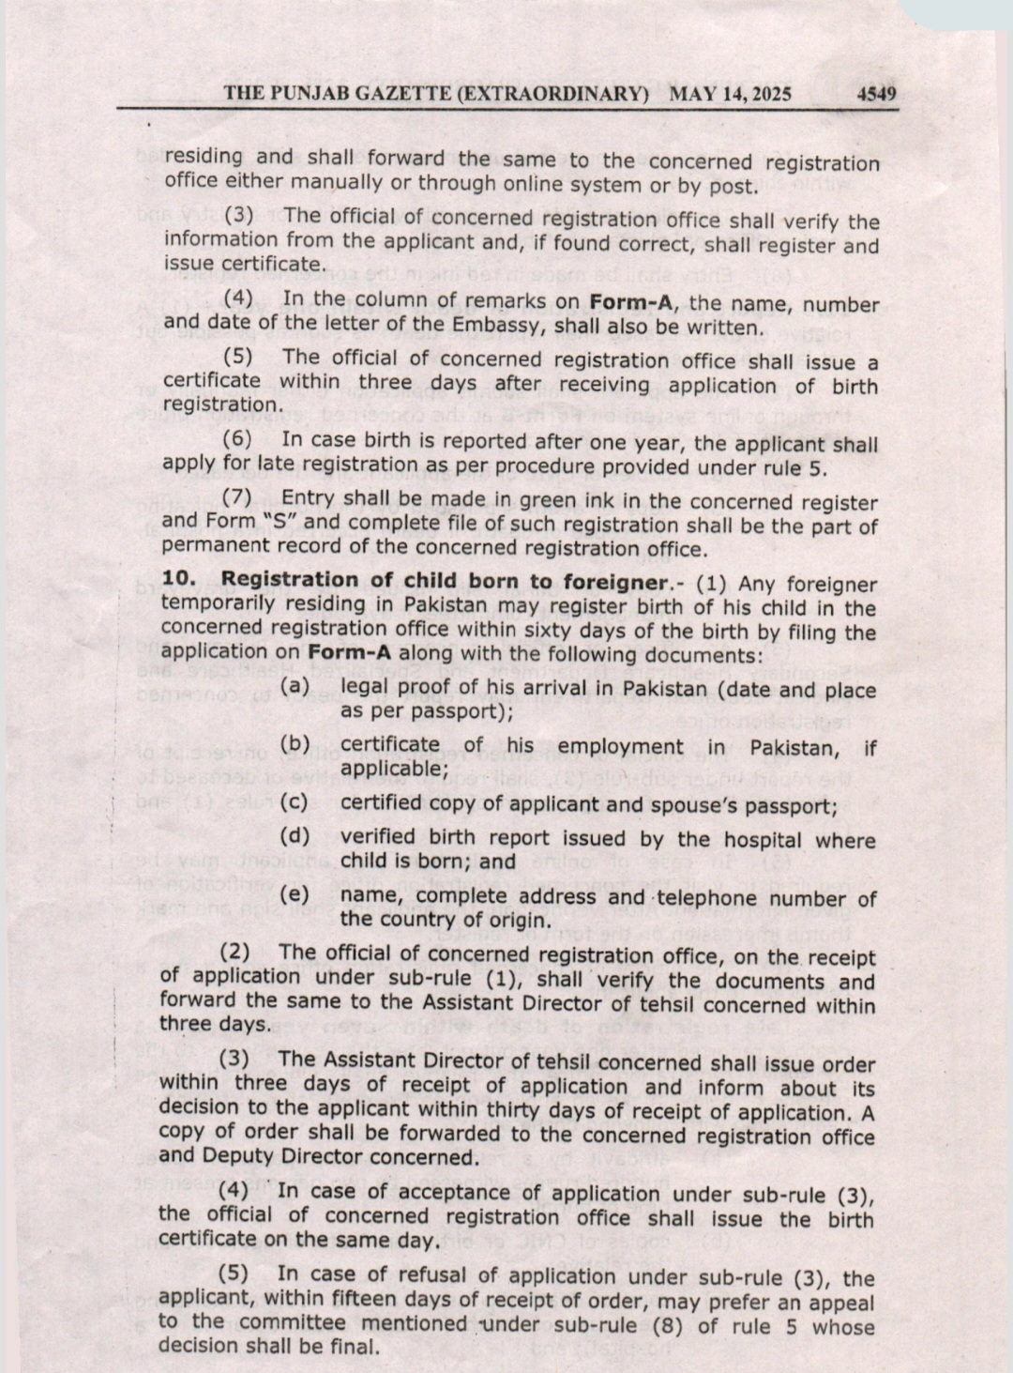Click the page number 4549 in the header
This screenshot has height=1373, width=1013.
(x=876, y=94)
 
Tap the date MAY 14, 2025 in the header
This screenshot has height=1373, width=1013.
(x=731, y=94)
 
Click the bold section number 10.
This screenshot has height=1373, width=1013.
(x=178, y=580)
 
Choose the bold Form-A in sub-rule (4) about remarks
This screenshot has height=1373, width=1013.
(x=631, y=304)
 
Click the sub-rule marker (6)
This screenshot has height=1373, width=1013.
(x=237, y=441)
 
